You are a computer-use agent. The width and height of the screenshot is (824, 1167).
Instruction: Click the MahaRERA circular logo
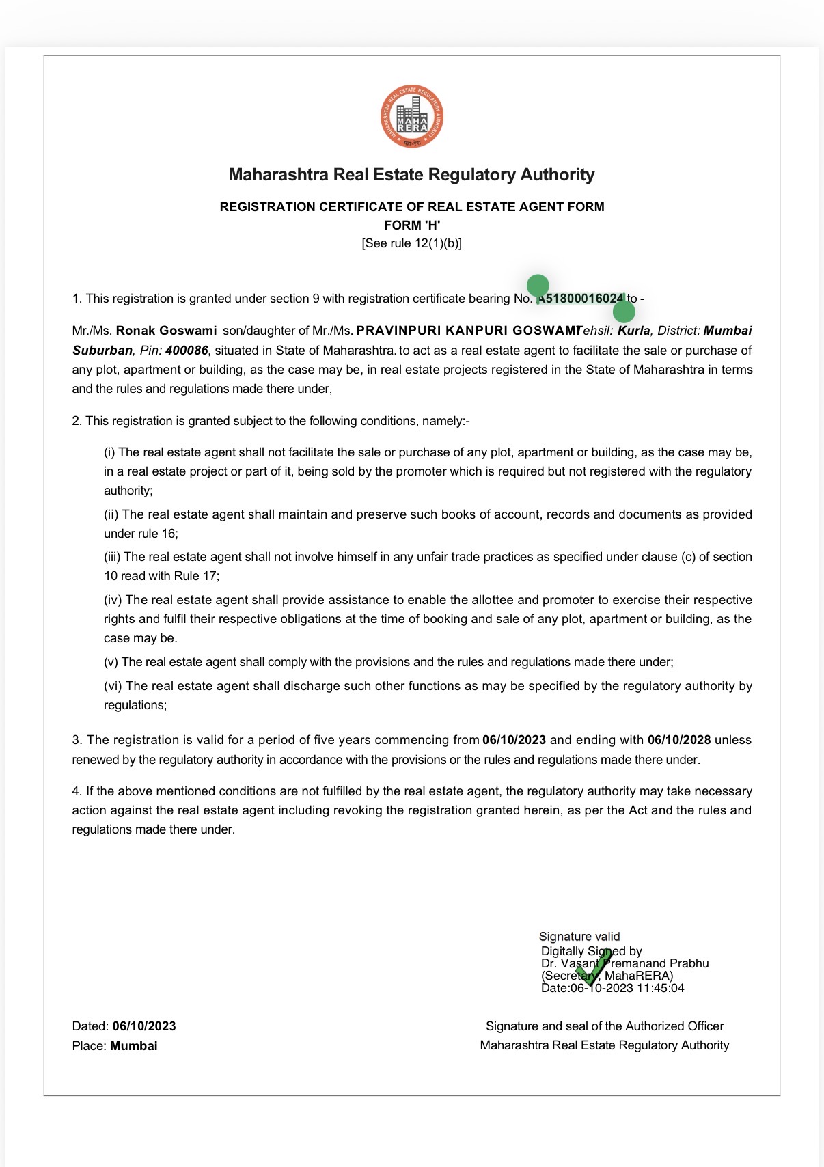pos(412,117)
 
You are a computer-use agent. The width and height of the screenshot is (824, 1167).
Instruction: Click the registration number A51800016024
pos(581,299)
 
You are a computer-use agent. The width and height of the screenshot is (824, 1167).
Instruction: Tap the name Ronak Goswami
pos(166,331)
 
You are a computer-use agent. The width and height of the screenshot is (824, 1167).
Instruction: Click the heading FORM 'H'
pos(412,225)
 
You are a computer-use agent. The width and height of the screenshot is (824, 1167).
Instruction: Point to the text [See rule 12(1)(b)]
pos(412,243)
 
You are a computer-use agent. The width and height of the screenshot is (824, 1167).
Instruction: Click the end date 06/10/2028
pos(679,740)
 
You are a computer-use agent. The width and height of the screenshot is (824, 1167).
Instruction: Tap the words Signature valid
pos(579,937)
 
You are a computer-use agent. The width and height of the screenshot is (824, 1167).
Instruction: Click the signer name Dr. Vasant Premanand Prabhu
pos(624,963)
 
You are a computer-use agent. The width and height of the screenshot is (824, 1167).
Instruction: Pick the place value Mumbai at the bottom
pos(134,1046)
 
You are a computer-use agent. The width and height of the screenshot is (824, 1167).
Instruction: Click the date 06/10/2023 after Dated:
pos(144,1026)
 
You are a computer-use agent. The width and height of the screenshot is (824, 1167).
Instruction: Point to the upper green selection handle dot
pos(538,285)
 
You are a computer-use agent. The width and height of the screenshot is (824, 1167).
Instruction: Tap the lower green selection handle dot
pos(624,312)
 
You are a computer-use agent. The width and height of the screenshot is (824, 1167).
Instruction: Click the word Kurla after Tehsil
pos(634,331)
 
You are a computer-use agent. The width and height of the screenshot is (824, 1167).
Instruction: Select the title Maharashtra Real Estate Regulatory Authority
pos(412,175)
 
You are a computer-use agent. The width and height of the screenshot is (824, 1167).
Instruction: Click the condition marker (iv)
pos(113,600)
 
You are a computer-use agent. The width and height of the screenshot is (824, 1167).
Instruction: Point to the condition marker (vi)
pos(113,686)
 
